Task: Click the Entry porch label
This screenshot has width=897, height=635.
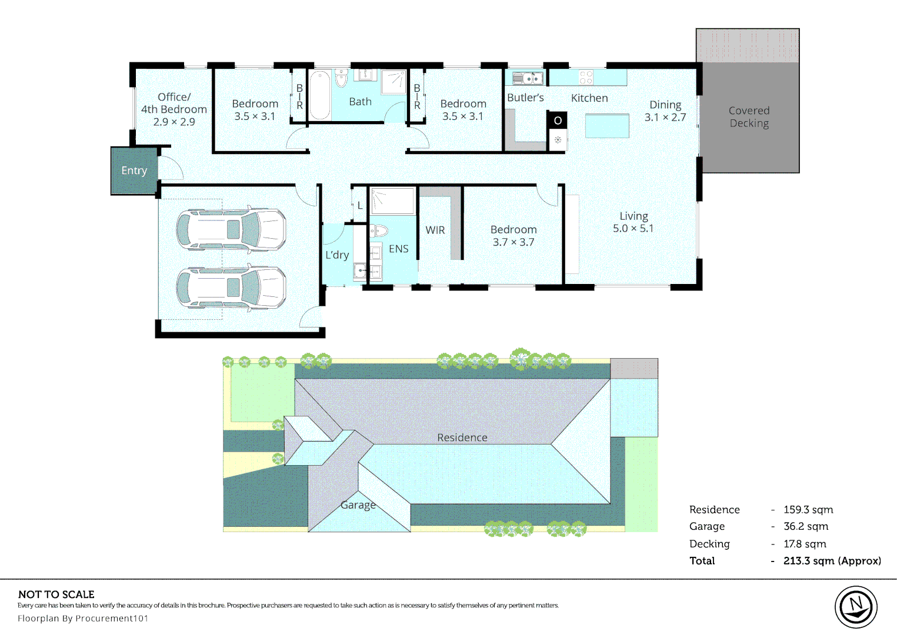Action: point(134,171)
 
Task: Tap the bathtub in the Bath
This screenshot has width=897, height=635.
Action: point(319,95)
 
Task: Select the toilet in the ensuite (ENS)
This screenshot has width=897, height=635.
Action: point(379,231)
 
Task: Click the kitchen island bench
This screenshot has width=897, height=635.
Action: point(607,126)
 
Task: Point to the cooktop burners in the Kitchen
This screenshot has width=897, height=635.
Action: point(586,77)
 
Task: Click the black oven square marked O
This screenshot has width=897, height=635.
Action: point(558,120)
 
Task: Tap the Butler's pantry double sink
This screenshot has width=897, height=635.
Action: point(528,78)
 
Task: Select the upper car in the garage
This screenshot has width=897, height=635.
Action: point(231,229)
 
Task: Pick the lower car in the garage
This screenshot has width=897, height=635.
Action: point(231,288)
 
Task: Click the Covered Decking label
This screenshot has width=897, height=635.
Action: point(749,117)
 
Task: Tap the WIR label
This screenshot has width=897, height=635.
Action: point(435,230)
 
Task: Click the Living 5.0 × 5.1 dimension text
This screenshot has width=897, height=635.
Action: point(633,229)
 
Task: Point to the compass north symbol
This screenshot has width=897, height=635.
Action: point(856,607)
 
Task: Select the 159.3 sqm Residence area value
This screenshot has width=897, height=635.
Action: point(808,510)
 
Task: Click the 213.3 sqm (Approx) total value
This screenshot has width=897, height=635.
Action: point(832,561)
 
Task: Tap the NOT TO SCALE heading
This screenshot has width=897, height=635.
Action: point(56,594)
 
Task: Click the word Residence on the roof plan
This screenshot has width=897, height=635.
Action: point(462,437)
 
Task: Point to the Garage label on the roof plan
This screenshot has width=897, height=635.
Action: point(358,505)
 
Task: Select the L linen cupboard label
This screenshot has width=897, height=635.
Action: point(359,206)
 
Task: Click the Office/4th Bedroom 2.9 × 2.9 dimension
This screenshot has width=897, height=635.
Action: point(174,122)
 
